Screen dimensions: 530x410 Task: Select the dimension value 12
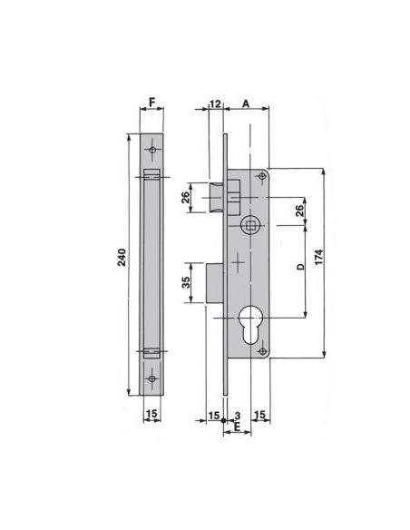click(x=214, y=103)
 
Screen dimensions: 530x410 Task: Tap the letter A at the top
click(x=246, y=103)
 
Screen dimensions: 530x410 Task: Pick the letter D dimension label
click(x=299, y=270)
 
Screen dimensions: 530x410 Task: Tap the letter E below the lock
click(x=237, y=427)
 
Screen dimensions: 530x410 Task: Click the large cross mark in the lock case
click(x=238, y=263)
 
